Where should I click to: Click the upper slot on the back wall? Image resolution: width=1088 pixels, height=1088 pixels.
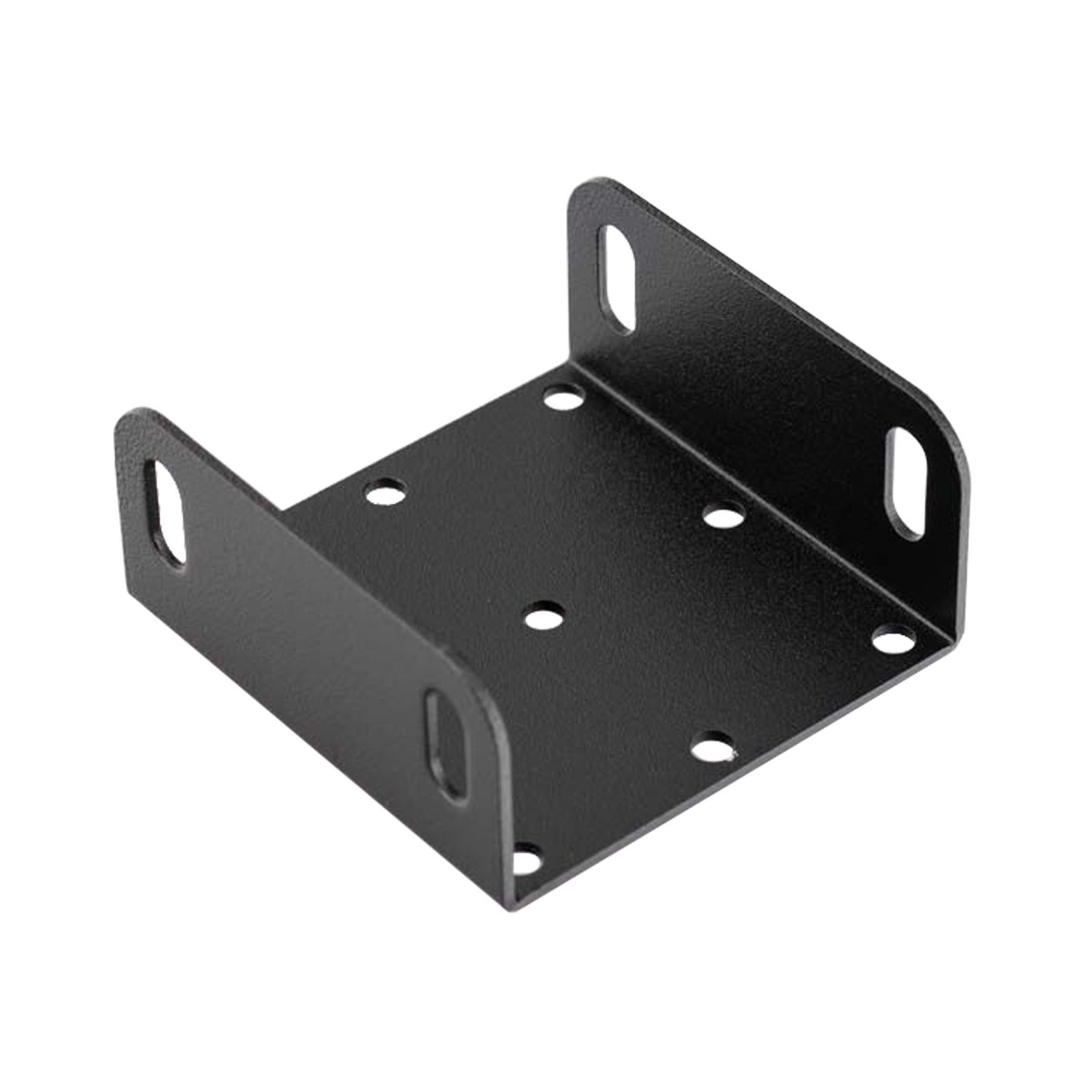618,279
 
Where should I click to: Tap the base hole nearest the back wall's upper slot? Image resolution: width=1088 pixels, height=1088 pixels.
563,399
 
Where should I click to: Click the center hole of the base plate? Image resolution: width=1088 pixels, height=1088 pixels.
543,619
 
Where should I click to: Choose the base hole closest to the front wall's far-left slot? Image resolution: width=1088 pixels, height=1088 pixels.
386,492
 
